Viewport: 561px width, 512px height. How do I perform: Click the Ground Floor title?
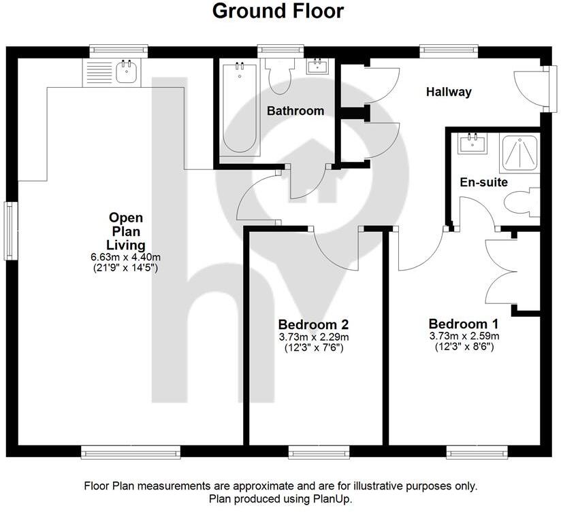278,12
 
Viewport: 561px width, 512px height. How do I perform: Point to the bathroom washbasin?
317,67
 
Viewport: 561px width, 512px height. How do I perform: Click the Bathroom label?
295,111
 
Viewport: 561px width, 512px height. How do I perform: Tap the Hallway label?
449,92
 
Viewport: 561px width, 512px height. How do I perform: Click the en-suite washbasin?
472,143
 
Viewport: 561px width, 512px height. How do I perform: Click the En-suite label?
484,182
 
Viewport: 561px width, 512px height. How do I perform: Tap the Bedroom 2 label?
314,324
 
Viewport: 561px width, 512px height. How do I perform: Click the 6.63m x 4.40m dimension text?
125,257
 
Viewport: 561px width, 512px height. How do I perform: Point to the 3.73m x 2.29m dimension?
314,337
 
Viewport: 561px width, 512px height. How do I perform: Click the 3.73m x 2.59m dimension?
464,336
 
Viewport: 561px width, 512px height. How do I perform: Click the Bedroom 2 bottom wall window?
319,451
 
